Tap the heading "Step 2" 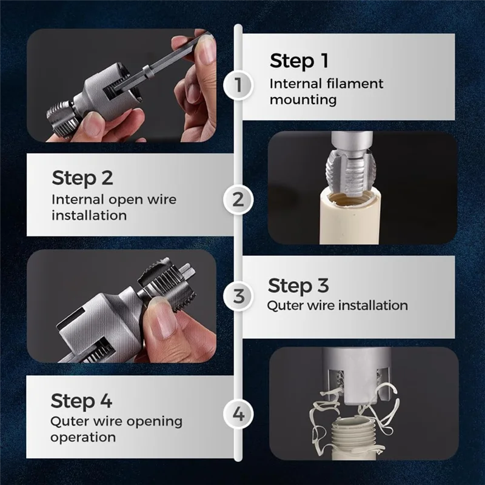[82, 178]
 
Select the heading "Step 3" [298, 285]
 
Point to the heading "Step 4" [81, 401]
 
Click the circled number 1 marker [238, 84]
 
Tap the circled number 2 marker [238, 198]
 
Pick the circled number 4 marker [238, 415]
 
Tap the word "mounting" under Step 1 [303, 99]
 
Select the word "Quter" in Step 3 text [284, 305]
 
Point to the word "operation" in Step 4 [83, 437]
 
